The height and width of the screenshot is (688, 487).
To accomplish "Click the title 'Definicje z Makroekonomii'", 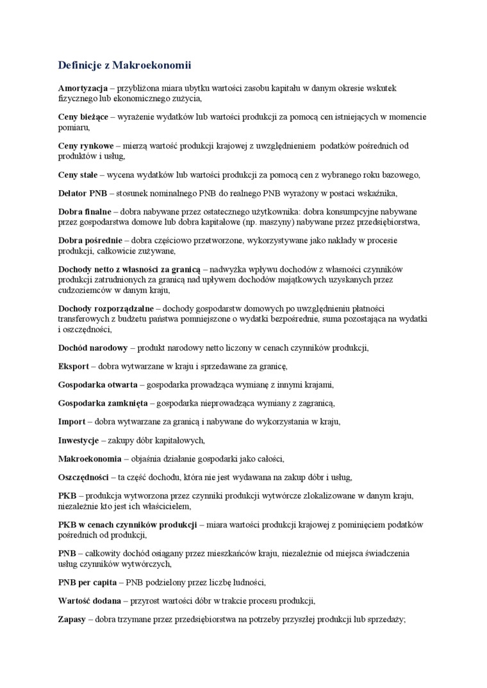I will [x=124, y=65].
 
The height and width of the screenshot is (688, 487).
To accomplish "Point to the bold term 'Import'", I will [x=72, y=422].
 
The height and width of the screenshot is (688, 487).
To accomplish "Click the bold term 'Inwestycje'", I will [x=78, y=440].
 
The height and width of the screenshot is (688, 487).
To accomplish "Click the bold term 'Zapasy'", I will [x=72, y=620].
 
